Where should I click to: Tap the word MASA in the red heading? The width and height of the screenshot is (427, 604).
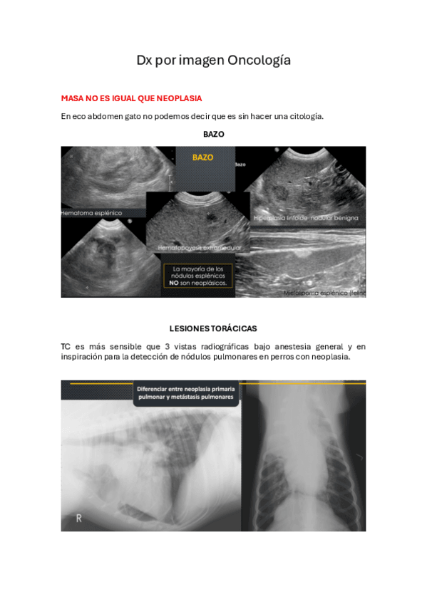[x=73, y=98]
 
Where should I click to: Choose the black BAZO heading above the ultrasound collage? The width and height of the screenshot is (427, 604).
[x=213, y=134]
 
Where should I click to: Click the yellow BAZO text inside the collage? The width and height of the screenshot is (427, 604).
[x=203, y=157]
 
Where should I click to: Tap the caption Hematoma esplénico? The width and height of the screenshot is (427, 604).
[x=92, y=212]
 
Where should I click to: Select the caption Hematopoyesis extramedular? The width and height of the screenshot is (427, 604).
[x=200, y=247]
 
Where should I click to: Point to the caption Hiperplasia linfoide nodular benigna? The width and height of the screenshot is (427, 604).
[x=306, y=217]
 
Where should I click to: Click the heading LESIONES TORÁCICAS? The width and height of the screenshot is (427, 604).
[x=213, y=328]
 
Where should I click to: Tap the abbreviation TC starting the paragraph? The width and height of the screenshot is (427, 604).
[x=66, y=347]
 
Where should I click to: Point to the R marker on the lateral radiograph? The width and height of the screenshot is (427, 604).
[x=78, y=519]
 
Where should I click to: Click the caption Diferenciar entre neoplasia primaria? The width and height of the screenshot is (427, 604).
[x=187, y=389]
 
